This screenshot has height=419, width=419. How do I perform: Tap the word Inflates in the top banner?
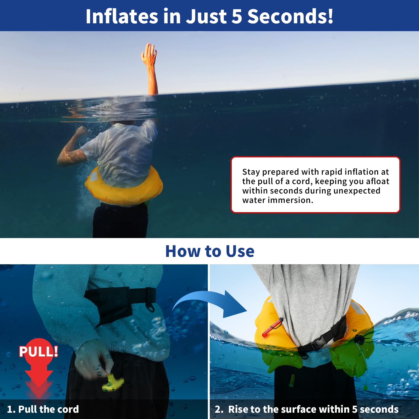pos(122,16)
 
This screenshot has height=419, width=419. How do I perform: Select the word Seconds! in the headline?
pos(290,16)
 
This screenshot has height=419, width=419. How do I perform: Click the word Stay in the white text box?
pos(251,172)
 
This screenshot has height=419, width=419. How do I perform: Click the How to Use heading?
pos(210,251)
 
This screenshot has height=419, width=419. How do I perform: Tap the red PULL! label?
pos(38,351)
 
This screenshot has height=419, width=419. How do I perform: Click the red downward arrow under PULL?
pos(39,377)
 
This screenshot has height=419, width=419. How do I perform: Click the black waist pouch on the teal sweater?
pos(110,304)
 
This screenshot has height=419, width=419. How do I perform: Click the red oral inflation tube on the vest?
pos(272,327)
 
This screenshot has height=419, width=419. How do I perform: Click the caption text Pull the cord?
pos(48,409)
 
